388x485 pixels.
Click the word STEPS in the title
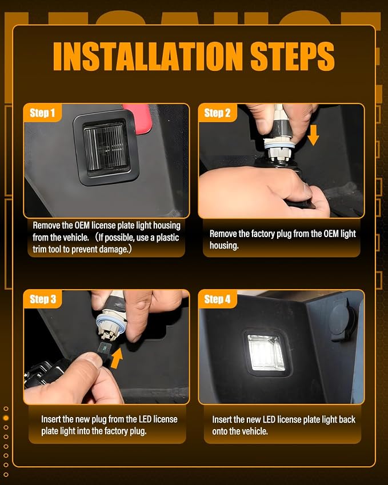tap(293, 57)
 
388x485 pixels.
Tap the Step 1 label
tap(42, 113)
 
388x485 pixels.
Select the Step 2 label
tap(217, 113)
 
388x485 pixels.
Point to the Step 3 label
tap(43, 299)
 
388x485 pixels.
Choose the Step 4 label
tap(217, 299)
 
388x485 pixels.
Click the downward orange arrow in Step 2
tap(313, 135)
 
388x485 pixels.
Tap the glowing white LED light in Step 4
tap(266, 352)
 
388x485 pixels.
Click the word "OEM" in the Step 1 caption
tap(82, 225)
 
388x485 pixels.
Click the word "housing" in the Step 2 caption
tap(224, 246)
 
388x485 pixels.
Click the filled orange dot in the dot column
tap(6, 418)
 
